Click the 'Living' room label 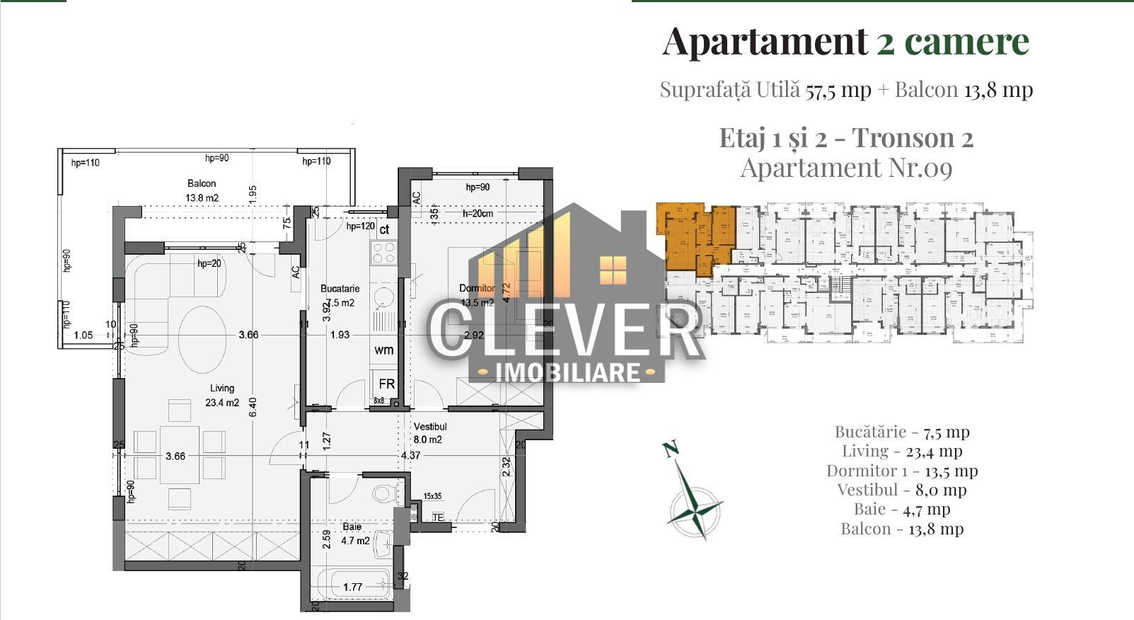point(221,388)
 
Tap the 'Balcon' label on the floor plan point(201,183)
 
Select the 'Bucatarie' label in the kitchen point(340,289)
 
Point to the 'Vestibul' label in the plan point(430,427)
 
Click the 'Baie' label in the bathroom point(352,527)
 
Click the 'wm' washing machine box point(384,350)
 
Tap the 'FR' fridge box point(386,384)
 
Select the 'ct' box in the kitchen point(385,230)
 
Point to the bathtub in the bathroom point(352,585)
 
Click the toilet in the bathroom point(382,492)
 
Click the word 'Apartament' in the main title point(765,41)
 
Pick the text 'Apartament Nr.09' point(846,168)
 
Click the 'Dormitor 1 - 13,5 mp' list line point(902,471)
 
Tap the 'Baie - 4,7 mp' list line point(902,509)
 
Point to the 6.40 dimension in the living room point(253,407)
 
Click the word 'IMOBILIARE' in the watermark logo point(568,372)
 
